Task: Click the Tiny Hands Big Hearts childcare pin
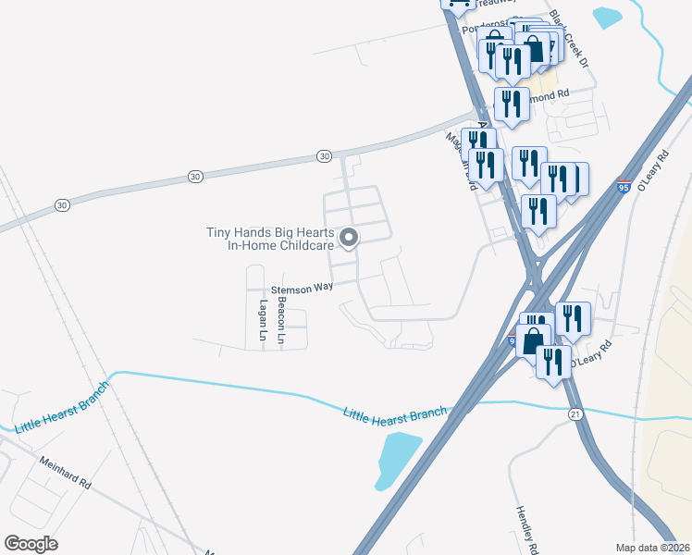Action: click(x=350, y=239)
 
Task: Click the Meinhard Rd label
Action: click(x=65, y=473)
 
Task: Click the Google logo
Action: click(x=31, y=544)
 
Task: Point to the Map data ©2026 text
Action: click(x=653, y=548)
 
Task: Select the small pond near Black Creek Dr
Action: click(x=607, y=18)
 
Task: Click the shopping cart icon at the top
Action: click(x=457, y=6)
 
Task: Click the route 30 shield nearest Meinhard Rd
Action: click(x=61, y=204)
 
